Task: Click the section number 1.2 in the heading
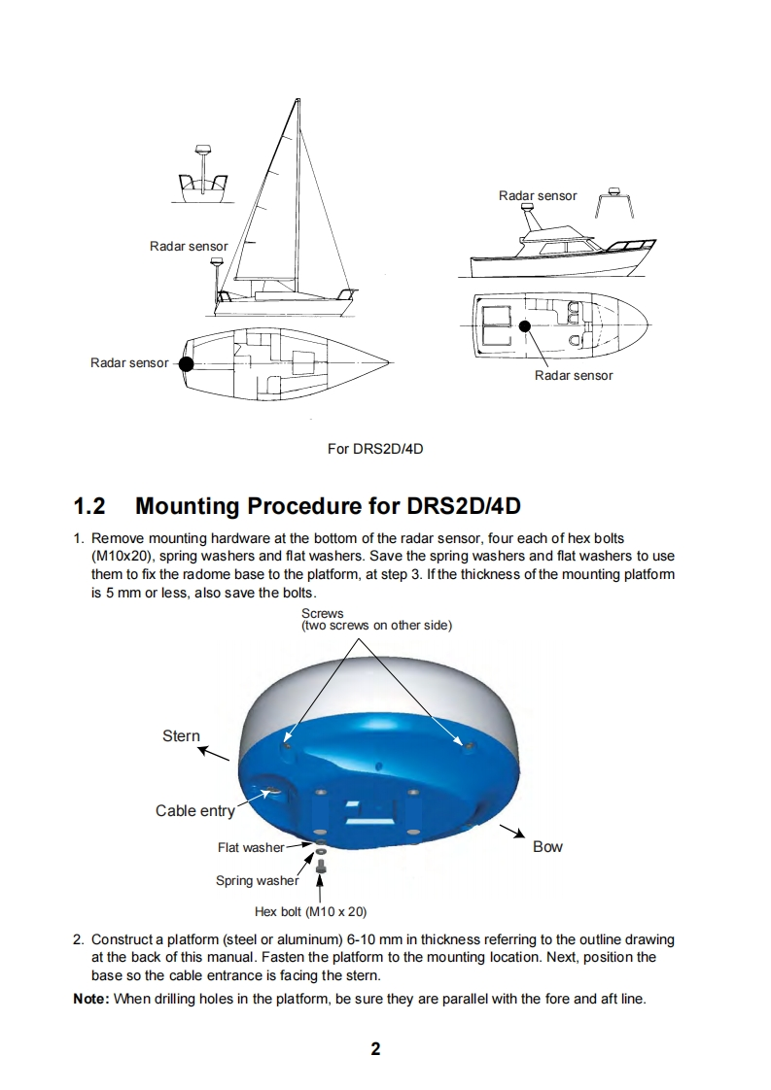click(89, 506)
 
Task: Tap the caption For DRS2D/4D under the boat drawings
click(375, 449)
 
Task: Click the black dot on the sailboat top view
click(186, 363)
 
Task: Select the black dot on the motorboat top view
click(524, 326)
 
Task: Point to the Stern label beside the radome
click(181, 735)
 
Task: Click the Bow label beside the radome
click(547, 846)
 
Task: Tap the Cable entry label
click(194, 810)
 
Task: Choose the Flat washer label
click(250, 847)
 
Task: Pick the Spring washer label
click(257, 881)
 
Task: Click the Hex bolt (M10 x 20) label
click(310, 912)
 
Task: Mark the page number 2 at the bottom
click(375, 1048)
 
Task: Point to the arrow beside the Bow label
click(512, 832)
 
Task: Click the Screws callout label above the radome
click(322, 613)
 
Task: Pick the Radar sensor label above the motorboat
click(538, 195)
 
